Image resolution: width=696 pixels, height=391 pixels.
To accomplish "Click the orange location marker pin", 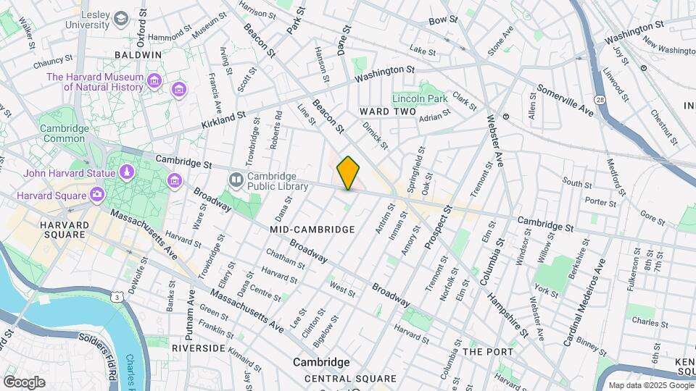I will pyautogui.click(x=349, y=172).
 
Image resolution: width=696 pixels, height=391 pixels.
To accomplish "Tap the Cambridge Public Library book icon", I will pyautogui.click(x=237, y=179).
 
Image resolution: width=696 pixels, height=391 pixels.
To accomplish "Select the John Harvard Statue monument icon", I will pyautogui.click(x=126, y=173).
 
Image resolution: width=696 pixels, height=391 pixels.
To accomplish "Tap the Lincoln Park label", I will pyautogui.click(x=420, y=98).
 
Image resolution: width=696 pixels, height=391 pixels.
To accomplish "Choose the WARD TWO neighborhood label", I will pyautogui.click(x=388, y=112).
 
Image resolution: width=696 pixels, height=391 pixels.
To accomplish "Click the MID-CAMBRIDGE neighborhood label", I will pyautogui.click(x=312, y=230).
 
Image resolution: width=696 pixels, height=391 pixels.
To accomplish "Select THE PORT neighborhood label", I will pyautogui.click(x=488, y=352).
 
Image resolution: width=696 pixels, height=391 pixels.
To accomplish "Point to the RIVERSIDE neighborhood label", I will pyautogui.click(x=199, y=348).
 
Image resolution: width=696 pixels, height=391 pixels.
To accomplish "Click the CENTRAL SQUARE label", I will pyautogui.click(x=350, y=379).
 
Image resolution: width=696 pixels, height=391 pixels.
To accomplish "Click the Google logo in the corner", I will pyautogui.click(x=24, y=382).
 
